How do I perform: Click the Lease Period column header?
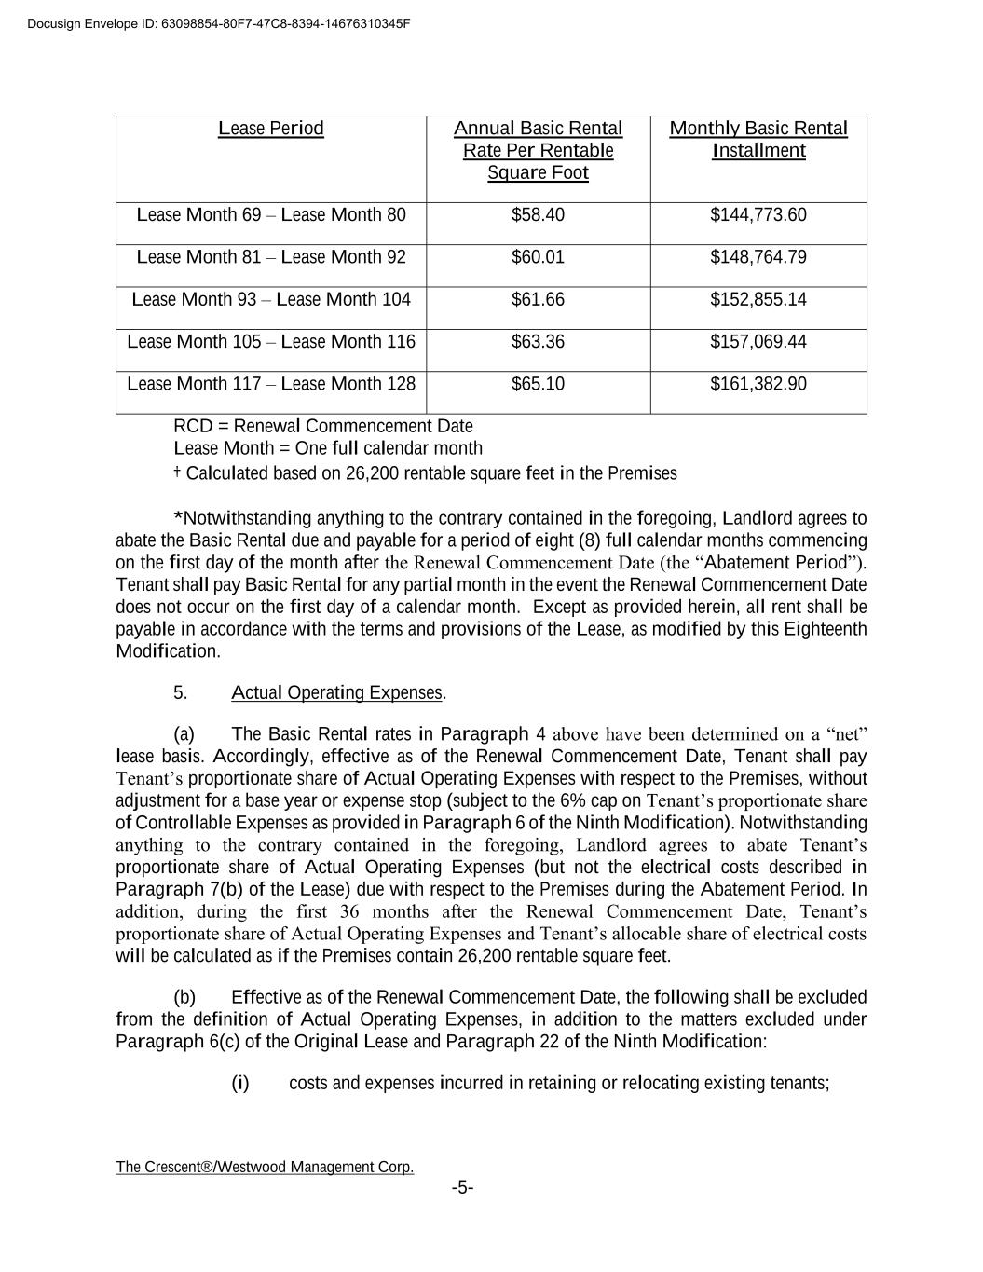pyautogui.click(x=271, y=129)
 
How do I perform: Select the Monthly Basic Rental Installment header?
pyautogui.click(x=758, y=140)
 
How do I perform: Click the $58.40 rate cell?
pyautogui.click(x=538, y=215)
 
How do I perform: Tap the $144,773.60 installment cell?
pyautogui.click(x=758, y=215)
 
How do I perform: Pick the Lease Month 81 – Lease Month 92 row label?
pyautogui.click(x=271, y=257)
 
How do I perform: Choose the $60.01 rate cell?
pyautogui.click(x=538, y=257)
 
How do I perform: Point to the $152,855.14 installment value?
pyautogui.click(x=758, y=299)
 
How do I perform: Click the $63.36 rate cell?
pyautogui.click(x=538, y=342)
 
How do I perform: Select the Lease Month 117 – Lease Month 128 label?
pyautogui.click(x=271, y=384)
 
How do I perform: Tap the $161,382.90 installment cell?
pyautogui.click(x=758, y=384)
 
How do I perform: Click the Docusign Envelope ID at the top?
pyautogui.click(x=219, y=23)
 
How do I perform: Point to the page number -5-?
pyautogui.click(x=463, y=1188)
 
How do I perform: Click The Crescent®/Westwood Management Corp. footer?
pyautogui.click(x=265, y=1167)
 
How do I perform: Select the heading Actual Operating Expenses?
pyautogui.click(x=336, y=692)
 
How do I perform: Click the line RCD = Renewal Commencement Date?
pyautogui.click(x=323, y=426)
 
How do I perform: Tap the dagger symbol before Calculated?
pyautogui.click(x=177, y=472)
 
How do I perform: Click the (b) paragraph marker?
pyautogui.click(x=184, y=997)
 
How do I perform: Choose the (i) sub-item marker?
pyautogui.click(x=240, y=1083)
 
